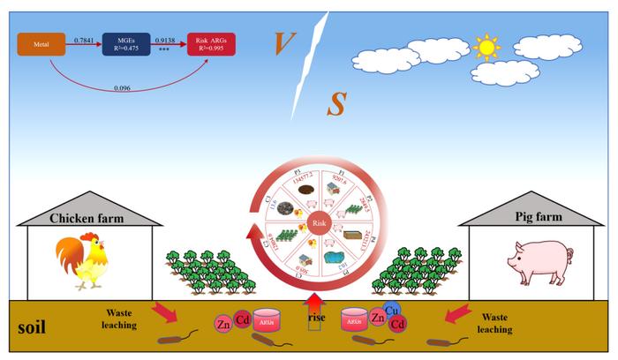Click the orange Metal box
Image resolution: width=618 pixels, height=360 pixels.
pyautogui.click(x=40, y=42)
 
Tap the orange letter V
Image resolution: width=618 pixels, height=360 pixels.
pyautogui.click(x=284, y=41)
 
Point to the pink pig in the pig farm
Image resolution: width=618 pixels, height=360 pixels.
pyautogui.click(x=534, y=260)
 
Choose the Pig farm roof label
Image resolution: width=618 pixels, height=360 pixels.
pyautogui.click(x=533, y=217)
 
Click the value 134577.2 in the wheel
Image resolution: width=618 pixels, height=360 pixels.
pyautogui.click(x=301, y=180)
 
